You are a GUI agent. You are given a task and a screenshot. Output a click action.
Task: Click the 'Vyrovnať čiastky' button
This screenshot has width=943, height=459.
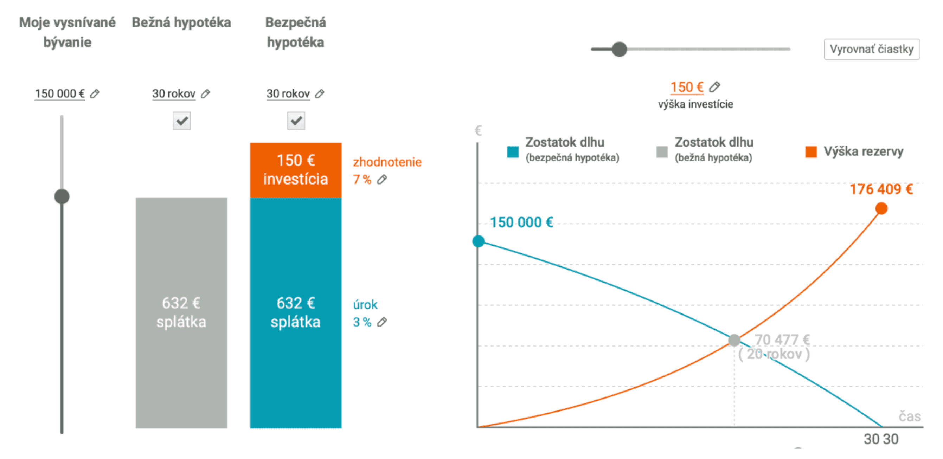point(871,49)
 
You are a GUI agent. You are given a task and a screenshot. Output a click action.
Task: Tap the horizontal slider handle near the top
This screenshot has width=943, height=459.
point(619,49)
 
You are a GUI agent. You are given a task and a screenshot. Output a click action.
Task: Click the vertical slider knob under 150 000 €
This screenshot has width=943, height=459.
point(62,196)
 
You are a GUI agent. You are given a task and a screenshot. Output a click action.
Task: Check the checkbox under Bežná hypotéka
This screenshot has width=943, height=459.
point(181,121)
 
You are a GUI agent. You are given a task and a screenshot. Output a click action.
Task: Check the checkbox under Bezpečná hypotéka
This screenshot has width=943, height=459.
point(296,121)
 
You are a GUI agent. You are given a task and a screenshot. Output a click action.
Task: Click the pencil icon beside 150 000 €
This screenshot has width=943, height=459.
point(95,94)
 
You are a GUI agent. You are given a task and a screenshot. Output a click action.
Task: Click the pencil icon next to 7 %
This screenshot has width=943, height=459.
point(382,179)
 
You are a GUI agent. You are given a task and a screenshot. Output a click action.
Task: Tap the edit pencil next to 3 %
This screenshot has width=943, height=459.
point(382,322)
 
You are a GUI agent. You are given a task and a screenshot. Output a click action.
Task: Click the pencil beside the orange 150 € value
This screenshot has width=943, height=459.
point(714,87)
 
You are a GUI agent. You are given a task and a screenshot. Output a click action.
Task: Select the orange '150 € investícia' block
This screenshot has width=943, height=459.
point(295,170)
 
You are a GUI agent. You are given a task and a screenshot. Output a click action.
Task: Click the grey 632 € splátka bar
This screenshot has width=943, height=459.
point(181,312)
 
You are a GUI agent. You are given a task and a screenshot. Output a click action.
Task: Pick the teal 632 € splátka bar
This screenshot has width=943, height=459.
point(295,312)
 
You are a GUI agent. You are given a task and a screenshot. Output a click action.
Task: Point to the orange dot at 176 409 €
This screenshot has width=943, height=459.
point(881,209)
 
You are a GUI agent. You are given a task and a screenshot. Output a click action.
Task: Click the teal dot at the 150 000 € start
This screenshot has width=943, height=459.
point(479,241)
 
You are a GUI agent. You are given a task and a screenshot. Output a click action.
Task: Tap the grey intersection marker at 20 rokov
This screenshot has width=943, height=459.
point(734,341)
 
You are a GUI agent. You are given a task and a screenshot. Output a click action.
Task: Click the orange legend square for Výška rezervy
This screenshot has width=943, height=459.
point(811,151)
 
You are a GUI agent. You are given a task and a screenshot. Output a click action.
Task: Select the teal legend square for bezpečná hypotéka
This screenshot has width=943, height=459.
point(513,151)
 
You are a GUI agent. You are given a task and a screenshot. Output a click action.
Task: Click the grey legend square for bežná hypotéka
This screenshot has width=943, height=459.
point(662,151)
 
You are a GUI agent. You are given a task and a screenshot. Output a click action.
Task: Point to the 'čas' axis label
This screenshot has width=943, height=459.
point(909,416)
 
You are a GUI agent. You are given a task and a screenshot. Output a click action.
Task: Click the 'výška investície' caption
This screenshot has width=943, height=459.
point(695,104)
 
